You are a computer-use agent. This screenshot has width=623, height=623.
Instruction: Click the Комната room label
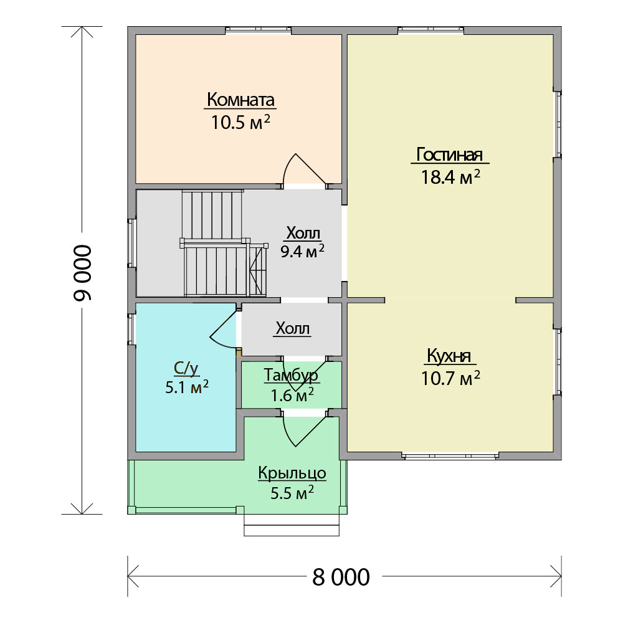pyautogui.click(x=240, y=100)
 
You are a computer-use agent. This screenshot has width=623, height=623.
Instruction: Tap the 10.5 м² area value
pyautogui.click(x=240, y=122)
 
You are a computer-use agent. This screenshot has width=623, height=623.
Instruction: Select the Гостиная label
pyautogui.click(x=449, y=155)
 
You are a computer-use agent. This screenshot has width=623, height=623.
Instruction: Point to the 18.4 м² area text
pyautogui.click(x=450, y=177)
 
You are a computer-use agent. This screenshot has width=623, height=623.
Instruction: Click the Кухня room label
pyautogui.click(x=449, y=356)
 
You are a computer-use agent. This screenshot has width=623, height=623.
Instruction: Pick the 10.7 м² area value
pyautogui.click(x=450, y=378)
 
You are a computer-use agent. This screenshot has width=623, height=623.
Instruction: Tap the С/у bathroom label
pyautogui.click(x=186, y=368)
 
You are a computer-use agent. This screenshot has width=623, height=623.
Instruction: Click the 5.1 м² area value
pyautogui.click(x=187, y=387)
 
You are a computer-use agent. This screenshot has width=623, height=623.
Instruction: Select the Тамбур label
pyautogui.click(x=291, y=375)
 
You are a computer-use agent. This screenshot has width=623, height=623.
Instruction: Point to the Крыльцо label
pyautogui.click(x=292, y=473)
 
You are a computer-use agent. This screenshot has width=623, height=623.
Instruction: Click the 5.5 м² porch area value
pyautogui.click(x=292, y=493)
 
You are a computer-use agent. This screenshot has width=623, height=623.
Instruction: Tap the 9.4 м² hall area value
pyautogui.click(x=302, y=251)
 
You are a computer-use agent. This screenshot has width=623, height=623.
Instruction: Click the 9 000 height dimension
pyautogui.click(x=83, y=273)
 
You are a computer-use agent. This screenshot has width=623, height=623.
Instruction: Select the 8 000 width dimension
pyautogui.click(x=341, y=578)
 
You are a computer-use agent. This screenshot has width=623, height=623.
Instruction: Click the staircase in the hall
pyautogui.click(x=222, y=244)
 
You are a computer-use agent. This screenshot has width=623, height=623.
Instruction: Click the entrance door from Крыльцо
pyautogui.click(x=304, y=429)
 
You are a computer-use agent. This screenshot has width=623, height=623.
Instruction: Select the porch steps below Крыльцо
pyautogui.click(x=292, y=525)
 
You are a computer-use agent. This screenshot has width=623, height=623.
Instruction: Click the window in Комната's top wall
pyautogui.click(x=259, y=30)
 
